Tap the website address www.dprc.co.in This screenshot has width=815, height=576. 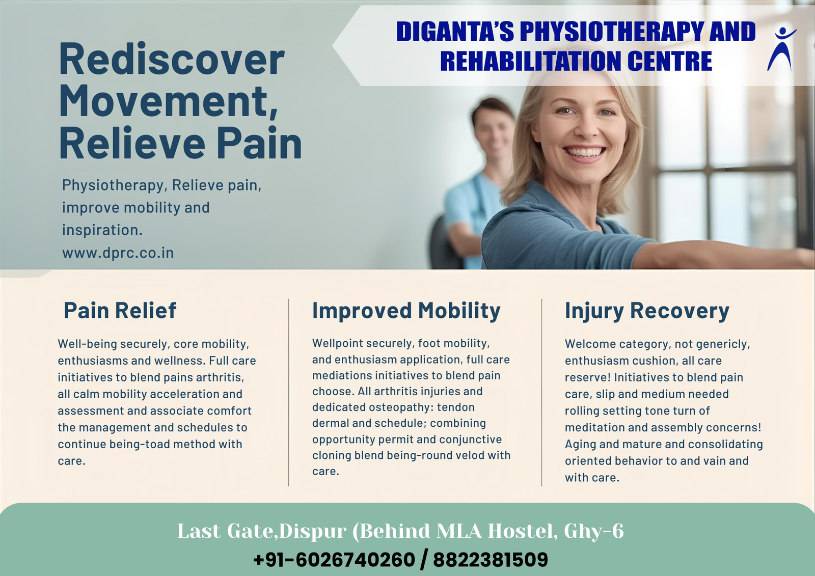118,253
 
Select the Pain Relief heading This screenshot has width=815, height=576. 120,310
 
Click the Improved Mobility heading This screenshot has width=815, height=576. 406,311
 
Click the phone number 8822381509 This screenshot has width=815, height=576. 491,559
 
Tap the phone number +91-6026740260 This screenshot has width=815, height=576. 334,559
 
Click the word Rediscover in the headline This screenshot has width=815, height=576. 172,59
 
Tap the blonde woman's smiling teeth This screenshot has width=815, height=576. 584,152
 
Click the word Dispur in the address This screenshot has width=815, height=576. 313,531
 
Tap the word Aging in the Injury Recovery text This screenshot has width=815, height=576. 580,444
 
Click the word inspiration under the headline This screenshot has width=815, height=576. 102,230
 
